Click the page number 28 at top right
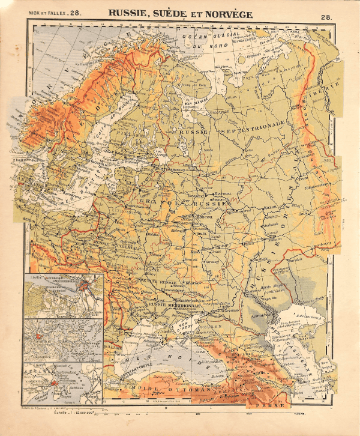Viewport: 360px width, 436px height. tap(326, 18)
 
